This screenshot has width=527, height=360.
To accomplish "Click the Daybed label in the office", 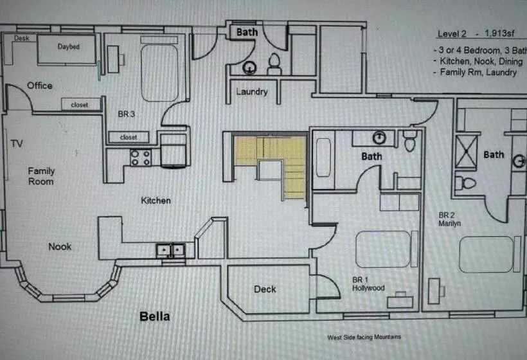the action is pyautogui.click(x=69, y=46).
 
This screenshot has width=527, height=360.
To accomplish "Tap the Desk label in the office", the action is pyautogui.click(x=21, y=39).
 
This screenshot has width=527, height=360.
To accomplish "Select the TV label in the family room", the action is pyautogui.click(x=17, y=144).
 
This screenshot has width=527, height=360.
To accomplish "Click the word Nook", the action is pyautogui.click(x=60, y=247).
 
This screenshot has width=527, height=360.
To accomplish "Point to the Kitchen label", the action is pyautogui.click(x=156, y=201).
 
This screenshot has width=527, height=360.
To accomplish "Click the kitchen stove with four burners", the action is pyautogui.click(x=141, y=157).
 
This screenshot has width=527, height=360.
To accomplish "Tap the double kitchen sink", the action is pyautogui.click(x=171, y=251).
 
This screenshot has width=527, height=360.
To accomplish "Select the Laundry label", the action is pyautogui.click(x=252, y=92).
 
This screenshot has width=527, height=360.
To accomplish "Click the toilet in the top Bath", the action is pyautogui.click(x=274, y=64).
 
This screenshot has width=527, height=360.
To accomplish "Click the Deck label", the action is pyautogui.click(x=265, y=289).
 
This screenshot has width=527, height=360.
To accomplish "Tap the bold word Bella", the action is pyautogui.click(x=155, y=316).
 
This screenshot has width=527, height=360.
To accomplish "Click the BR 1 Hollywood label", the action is pyautogui.click(x=368, y=283).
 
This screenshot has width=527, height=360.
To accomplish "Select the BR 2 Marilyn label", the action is pyautogui.click(x=449, y=219).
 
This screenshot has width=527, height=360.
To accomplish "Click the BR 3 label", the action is pyautogui.click(x=127, y=114).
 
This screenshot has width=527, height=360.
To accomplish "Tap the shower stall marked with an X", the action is pyautogui.click(x=466, y=151).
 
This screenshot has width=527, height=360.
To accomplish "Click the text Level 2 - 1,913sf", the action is pyautogui.click(x=476, y=33).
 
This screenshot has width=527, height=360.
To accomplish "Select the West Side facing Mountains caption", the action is pyautogui.click(x=364, y=337).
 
